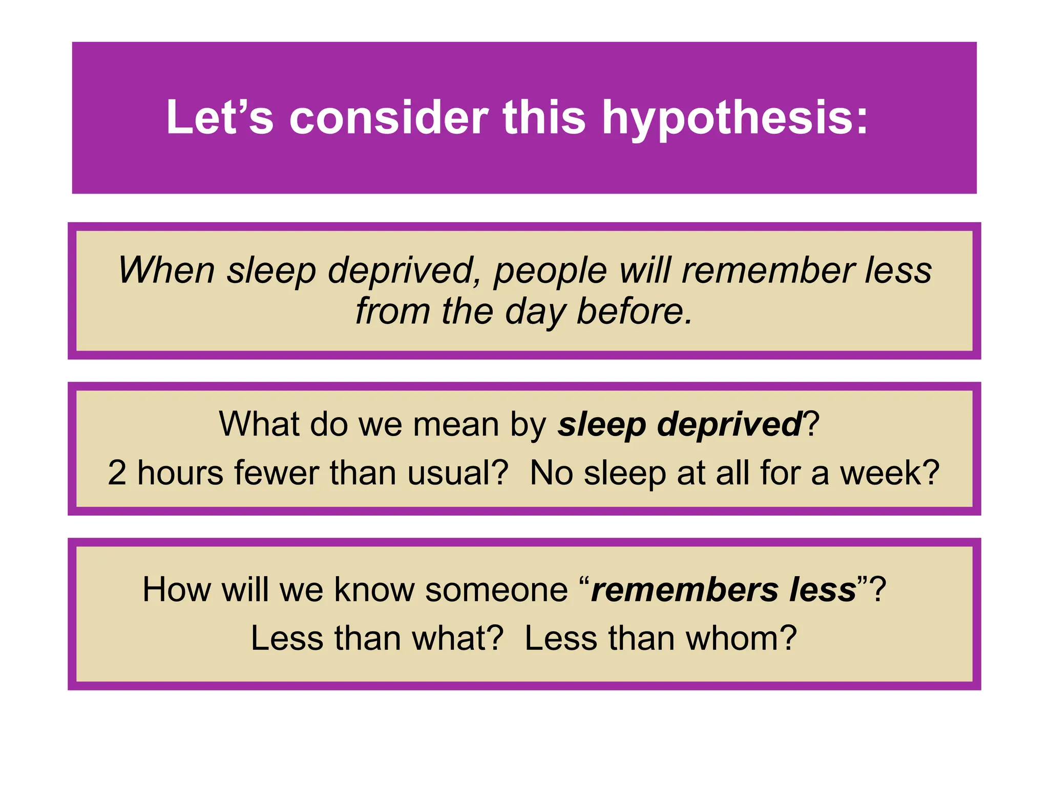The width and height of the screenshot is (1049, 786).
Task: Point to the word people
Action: [550, 271]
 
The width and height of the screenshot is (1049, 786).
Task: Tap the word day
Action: [535, 312]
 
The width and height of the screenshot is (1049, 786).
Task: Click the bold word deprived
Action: [729, 425]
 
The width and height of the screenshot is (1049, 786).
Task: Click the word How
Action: [176, 589]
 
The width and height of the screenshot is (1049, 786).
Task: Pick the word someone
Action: [496, 589]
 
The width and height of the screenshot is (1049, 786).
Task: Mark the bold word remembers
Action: [684, 589]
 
